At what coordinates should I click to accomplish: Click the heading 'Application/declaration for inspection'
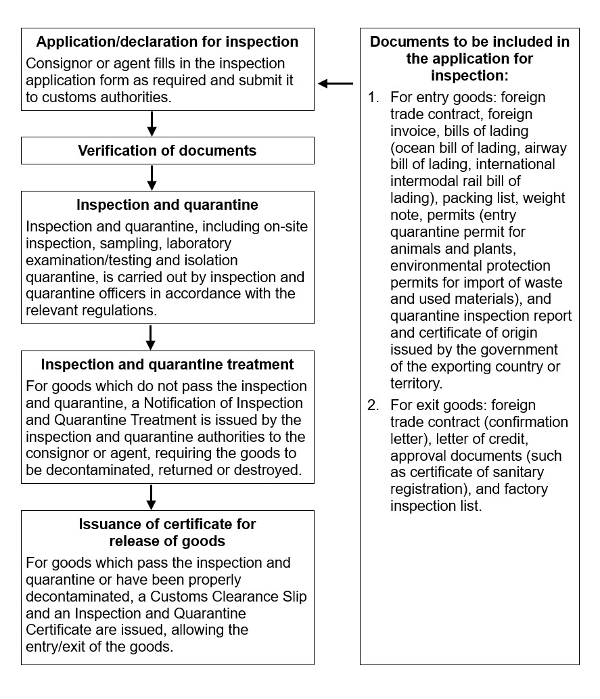(x=167, y=42)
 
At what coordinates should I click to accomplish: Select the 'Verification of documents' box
(x=167, y=150)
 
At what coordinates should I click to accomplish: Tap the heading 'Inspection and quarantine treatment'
(x=167, y=365)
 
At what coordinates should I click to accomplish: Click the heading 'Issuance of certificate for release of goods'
(x=167, y=533)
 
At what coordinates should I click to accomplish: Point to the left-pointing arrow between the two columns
(x=336, y=83)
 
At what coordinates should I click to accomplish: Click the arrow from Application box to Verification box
(x=152, y=123)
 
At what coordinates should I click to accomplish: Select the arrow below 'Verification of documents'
(x=152, y=177)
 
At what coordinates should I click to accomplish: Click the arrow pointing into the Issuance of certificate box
(x=152, y=496)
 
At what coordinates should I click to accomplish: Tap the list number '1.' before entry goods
(x=374, y=97)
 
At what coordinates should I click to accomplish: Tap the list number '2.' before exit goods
(x=374, y=405)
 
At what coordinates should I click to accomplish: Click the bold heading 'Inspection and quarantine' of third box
(x=167, y=205)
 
